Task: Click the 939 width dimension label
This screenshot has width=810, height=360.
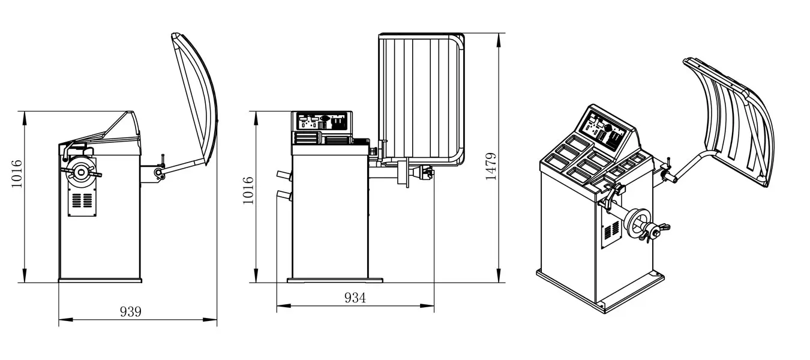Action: (131, 311)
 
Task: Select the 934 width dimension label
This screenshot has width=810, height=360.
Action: (355, 298)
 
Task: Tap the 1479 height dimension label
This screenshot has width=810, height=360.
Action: (491, 167)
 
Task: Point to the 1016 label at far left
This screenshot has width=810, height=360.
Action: (17, 173)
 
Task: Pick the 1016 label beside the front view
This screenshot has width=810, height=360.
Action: (247, 190)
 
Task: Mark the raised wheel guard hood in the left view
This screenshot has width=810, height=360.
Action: (195, 96)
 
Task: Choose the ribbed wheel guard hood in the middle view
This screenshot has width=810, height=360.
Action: (420, 96)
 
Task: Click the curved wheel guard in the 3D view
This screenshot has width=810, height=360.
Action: (735, 120)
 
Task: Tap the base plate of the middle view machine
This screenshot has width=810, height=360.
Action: (334, 280)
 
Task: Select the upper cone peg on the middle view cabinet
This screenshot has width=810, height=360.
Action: (283, 175)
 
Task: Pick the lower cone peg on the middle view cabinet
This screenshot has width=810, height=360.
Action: (283, 195)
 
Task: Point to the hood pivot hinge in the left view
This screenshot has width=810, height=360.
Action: (160, 173)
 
